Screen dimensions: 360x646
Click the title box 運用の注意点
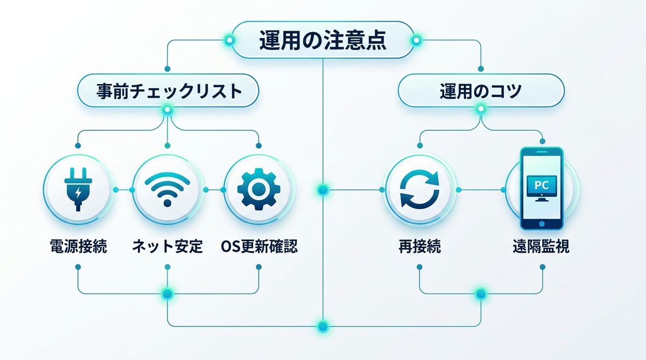click(x=322, y=40)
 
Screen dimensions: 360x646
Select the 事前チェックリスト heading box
click(x=168, y=91)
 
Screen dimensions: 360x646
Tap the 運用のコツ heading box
click(x=481, y=91)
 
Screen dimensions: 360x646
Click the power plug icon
click(x=79, y=189)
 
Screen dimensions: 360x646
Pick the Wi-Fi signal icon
click(x=168, y=189)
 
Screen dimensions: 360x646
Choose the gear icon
click(x=259, y=189)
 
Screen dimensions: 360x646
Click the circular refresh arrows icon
click(x=420, y=189)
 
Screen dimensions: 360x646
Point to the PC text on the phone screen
click(x=541, y=185)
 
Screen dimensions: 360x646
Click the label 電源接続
click(x=79, y=247)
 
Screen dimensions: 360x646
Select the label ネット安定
click(x=167, y=247)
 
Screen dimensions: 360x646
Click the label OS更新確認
click(x=259, y=247)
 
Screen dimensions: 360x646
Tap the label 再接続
click(x=420, y=247)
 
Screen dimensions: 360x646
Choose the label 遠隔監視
click(x=541, y=247)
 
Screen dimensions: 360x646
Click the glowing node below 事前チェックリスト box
click(x=168, y=110)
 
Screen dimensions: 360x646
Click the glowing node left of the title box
click(x=229, y=40)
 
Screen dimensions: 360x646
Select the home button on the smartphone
click(x=542, y=223)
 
